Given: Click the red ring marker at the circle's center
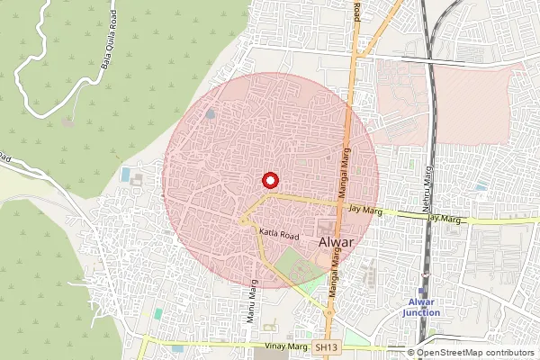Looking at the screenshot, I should point(269,178).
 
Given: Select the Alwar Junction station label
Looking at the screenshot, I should point(421,307).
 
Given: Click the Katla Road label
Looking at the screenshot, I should point(278,234).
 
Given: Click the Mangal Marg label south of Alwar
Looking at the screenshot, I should point(332,271).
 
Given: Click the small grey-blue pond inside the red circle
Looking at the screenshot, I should point(210,113).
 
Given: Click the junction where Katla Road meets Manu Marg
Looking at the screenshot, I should point(244,219).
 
